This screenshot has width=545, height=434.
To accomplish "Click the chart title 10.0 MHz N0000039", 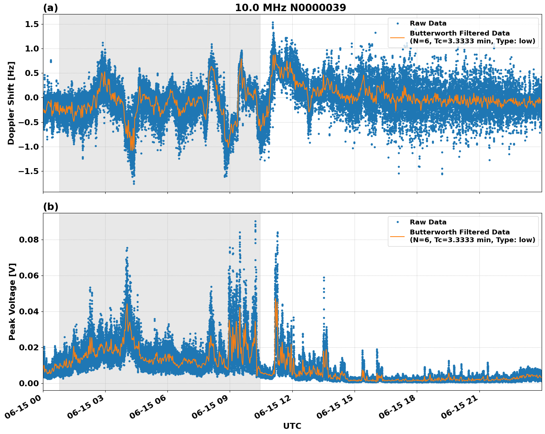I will (x=290, y=8).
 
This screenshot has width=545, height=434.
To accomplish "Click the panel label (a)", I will (x=50, y=8).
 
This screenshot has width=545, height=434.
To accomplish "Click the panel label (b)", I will (x=50, y=207).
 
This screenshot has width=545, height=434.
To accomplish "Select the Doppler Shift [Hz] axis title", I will (x=11, y=103).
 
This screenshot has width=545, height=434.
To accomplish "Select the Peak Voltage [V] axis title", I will (x=12, y=301).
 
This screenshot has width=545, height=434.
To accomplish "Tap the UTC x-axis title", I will (x=292, y=426).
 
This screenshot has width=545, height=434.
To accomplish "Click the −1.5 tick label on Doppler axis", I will (x=29, y=171).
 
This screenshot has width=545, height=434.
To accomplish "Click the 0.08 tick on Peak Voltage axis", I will (x=29, y=240).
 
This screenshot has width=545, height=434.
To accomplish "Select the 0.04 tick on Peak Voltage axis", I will (x=29, y=311).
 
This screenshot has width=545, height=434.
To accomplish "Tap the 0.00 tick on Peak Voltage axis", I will (x=29, y=383).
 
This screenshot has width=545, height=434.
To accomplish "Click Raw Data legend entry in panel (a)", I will (x=428, y=24).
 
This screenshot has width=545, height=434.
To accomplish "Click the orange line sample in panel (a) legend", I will (x=398, y=37).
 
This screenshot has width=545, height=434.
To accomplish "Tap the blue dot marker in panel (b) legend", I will (x=398, y=222).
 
